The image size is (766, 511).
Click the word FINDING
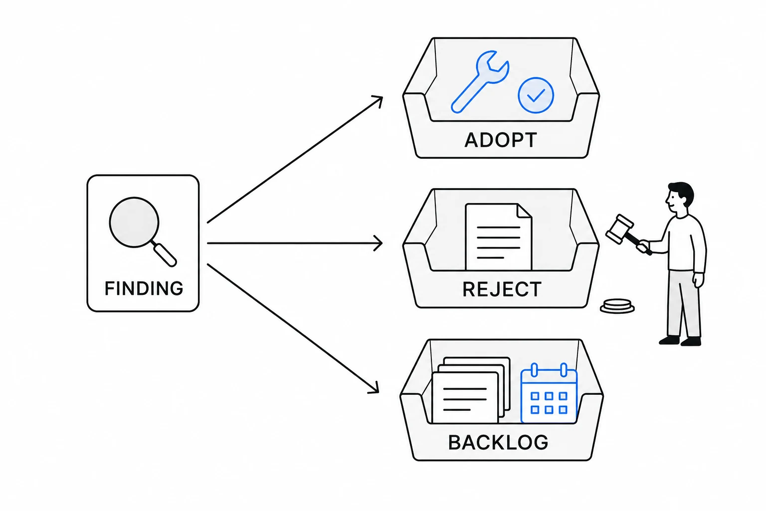click(x=144, y=288)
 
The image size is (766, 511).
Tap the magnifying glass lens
click(x=134, y=222)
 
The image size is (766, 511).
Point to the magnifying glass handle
click(x=165, y=254)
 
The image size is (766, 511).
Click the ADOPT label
click(x=501, y=140)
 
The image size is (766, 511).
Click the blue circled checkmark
click(x=536, y=95)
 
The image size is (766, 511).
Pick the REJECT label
click(x=502, y=289)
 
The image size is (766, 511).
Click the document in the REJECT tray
click(x=499, y=237)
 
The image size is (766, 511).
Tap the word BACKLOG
click(x=498, y=442)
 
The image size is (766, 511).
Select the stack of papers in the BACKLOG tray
click(x=471, y=390)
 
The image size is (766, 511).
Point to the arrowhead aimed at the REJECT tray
click(x=378, y=244)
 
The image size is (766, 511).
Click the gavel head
click(x=619, y=229)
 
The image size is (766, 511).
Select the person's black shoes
click(x=680, y=340)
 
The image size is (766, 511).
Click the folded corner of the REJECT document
click(x=525, y=211)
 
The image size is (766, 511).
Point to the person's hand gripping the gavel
click(x=644, y=246)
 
